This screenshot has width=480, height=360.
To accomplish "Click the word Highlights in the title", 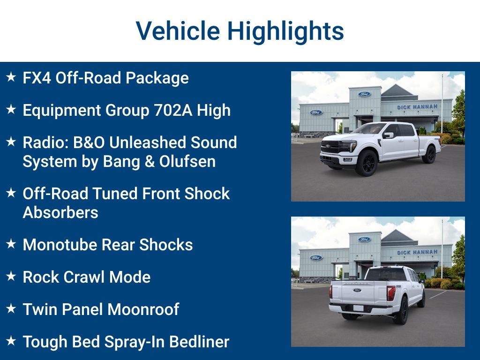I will (285, 31).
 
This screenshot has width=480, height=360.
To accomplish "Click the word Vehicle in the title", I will (178, 31).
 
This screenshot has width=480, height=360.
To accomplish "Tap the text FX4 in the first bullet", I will (37, 78).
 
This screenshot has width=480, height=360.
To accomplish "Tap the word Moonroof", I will (143, 309).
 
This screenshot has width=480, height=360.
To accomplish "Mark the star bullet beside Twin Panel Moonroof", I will (11, 308).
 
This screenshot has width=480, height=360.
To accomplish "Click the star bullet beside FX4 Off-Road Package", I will (11, 77).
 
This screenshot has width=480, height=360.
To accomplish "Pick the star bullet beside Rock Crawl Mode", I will (11, 276).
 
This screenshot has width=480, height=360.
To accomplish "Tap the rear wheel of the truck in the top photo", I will (429, 155).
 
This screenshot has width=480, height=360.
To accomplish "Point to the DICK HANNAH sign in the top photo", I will (417, 107).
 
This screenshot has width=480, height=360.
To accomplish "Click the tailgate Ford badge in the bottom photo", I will (357, 290).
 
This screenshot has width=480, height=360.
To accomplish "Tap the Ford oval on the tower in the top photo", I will (364, 94).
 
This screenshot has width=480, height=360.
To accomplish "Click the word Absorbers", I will (60, 212).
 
